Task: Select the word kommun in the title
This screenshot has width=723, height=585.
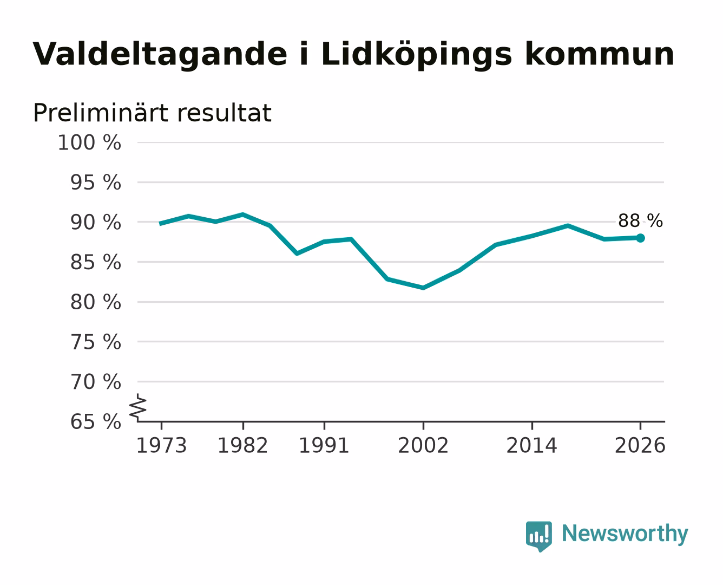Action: click(600, 55)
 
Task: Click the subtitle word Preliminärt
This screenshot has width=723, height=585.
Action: click(100, 113)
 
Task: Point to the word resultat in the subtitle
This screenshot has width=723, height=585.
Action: click(224, 113)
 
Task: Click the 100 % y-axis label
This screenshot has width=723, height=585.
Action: click(89, 142)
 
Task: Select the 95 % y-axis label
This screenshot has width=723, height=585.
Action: click(95, 183)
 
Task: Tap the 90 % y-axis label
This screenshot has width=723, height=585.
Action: click(95, 223)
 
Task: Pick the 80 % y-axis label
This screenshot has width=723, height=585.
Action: click(95, 302)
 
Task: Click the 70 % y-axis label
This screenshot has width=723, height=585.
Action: click(95, 382)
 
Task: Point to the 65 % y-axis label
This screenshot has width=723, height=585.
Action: click(95, 422)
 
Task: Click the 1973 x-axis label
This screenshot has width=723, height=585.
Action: click(162, 446)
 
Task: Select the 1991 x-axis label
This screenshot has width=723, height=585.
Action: click(324, 446)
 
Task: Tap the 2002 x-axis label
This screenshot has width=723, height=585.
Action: click(423, 446)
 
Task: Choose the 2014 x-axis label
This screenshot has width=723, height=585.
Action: click(532, 446)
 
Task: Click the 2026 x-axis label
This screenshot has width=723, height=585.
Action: click(640, 446)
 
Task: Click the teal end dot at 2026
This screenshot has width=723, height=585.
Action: click(640, 238)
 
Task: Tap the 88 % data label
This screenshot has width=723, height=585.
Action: click(640, 221)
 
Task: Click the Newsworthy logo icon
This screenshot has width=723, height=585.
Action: click(539, 536)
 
